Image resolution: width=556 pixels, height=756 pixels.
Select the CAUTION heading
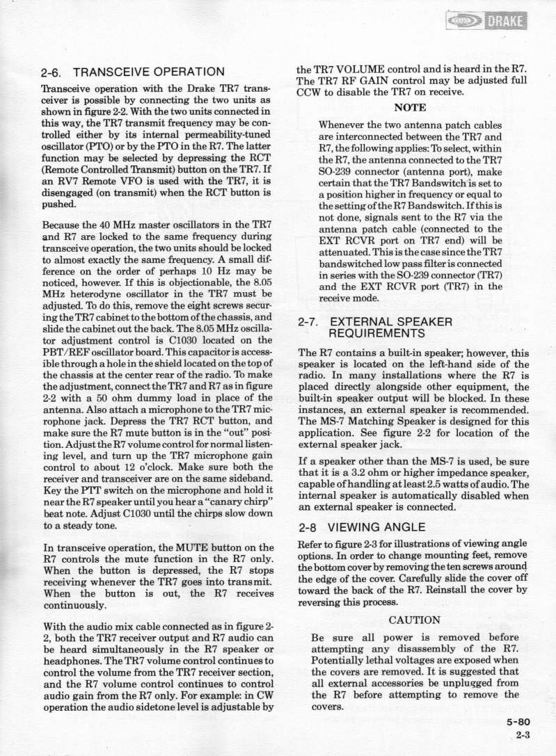click(x=415, y=620)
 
